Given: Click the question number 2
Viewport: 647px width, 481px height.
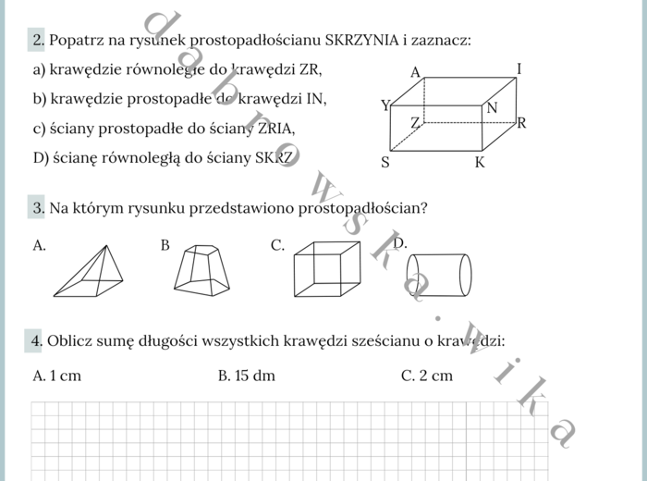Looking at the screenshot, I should tap(38, 40).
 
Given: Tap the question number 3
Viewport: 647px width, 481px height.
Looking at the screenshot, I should tap(38, 208).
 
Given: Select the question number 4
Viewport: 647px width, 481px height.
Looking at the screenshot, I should tap(37, 341).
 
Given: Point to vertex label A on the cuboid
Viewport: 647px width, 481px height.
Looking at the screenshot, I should tap(415, 72).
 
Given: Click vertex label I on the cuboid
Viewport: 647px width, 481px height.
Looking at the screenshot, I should tap(519, 68).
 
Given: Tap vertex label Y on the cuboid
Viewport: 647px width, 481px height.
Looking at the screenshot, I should tap(385, 105).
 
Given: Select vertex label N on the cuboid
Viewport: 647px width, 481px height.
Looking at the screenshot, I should tap(492, 108).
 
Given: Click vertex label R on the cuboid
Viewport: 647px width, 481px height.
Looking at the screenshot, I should tap(521, 122).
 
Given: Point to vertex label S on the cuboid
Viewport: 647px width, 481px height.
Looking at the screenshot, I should tap(385, 163).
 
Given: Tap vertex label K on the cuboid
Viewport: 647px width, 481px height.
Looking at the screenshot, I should tap(480, 163).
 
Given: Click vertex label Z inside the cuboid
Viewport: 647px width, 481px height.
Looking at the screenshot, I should tap(415, 122).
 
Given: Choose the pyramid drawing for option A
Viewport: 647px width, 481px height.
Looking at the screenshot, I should tap(89, 271).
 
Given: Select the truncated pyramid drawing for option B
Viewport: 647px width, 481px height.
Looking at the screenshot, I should tap(201, 270).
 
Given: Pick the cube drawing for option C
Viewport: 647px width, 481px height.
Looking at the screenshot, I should tap(326, 268).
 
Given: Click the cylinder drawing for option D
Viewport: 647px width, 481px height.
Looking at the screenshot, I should tap(440, 275).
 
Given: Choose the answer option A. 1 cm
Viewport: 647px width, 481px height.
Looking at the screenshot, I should tap(56, 376).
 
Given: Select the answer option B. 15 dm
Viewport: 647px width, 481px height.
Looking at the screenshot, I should tap(247, 376).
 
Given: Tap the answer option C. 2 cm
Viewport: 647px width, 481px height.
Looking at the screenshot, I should tap(427, 376).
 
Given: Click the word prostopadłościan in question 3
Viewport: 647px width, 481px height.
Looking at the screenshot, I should tap(360, 208).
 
